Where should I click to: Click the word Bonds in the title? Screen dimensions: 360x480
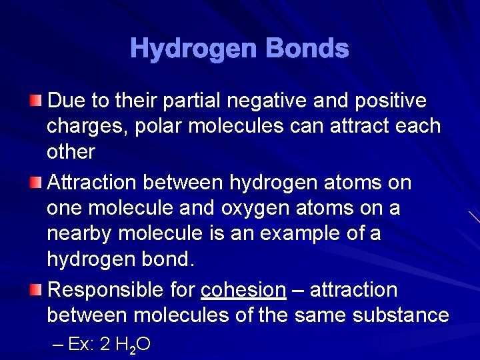coord(307,48)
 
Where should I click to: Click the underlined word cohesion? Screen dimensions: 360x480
coord(243,290)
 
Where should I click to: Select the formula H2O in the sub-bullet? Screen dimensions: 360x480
coord(133,345)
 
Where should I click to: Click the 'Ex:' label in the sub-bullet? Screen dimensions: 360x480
coord(81,344)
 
